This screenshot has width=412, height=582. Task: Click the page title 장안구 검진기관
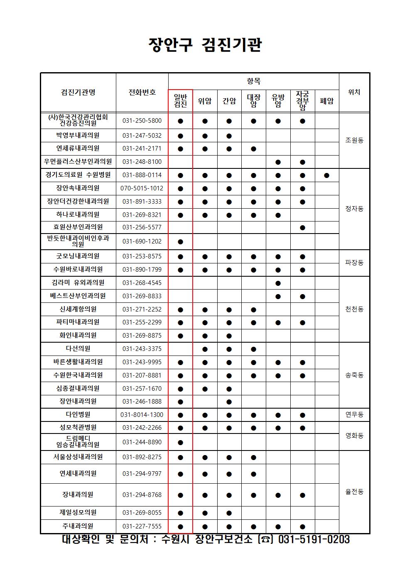click(205, 45)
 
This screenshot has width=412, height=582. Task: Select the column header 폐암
click(327, 101)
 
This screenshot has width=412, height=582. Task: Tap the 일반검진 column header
click(180, 101)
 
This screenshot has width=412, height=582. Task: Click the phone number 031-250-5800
click(142, 121)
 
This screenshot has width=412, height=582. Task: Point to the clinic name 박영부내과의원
click(78, 135)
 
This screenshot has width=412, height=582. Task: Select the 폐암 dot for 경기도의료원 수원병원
click(327, 175)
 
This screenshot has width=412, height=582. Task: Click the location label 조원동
click(354, 140)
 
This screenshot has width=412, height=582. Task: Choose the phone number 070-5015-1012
click(142, 188)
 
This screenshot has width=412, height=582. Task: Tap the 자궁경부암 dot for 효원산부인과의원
click(302, 227)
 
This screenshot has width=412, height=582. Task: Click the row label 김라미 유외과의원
click(78, 282)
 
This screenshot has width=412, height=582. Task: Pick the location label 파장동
click(354, 263)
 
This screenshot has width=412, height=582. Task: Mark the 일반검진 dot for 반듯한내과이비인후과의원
click(180, 241)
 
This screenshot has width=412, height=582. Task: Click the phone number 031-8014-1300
click(142, 414)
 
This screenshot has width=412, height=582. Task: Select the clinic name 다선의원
click(78, 348)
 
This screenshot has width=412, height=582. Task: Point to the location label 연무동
click(354, 414)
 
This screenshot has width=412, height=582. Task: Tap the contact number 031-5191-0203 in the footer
click(314, 539)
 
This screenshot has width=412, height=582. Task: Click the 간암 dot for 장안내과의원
click(229, 402)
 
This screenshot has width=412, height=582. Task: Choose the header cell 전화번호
click(142, 92)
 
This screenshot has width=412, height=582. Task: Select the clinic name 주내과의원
click(78, 526)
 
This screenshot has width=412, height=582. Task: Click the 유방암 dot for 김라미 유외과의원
click(278, 283)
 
